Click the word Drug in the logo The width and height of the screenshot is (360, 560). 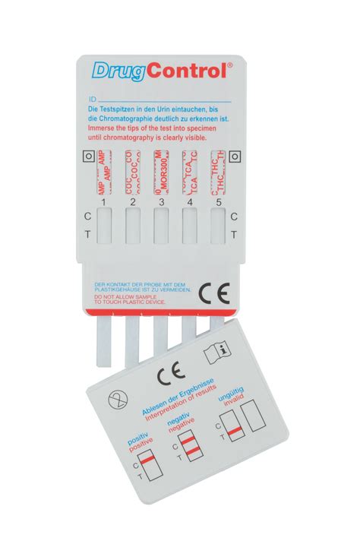pos(117,71)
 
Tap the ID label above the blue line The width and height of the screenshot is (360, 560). pos(93,99)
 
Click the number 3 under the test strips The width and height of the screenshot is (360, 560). pos(160,202)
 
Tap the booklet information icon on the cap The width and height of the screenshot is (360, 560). pos(219,353)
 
